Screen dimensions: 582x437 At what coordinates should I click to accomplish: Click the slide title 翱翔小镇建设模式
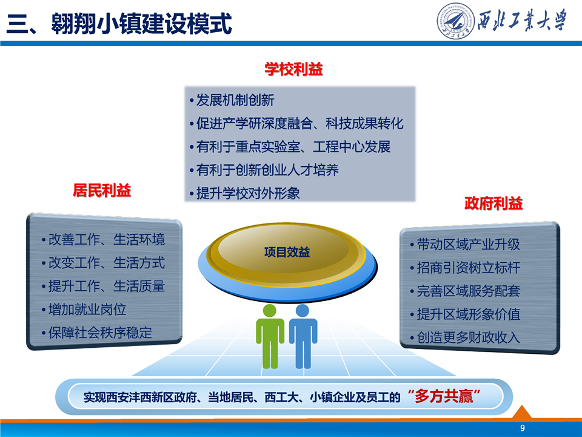pos(141,24)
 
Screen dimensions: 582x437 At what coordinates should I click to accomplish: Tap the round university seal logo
pos(455,21)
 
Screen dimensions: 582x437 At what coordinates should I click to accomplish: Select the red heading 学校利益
pos(293,69)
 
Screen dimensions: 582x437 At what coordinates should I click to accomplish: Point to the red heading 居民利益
pos(102,190)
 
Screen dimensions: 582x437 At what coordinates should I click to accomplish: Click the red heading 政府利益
pos(493,203)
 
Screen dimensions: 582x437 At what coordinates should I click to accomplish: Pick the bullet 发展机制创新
pos(235,100)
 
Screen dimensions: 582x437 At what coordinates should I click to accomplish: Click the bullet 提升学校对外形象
pos(248,193)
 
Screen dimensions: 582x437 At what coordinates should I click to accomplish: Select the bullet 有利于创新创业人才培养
pos(267,170)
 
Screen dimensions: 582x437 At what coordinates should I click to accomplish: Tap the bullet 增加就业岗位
pos(87,309)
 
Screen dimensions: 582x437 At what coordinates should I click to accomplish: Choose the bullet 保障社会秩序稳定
pos(100,333)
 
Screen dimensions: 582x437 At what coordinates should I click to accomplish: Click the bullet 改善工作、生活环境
pos(107,239)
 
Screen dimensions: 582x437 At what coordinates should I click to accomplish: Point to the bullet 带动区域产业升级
pos(469,245)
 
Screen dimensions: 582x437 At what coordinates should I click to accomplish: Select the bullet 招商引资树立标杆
pos(469,268)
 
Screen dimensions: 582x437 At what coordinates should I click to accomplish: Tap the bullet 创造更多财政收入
pos(469,337)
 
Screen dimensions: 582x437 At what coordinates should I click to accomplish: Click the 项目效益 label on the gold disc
pos(287,252)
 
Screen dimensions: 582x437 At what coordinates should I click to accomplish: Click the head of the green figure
pos(269,311)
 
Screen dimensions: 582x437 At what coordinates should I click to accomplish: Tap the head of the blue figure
pos(303,311)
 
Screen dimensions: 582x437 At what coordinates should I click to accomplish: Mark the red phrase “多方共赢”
pos(444,396)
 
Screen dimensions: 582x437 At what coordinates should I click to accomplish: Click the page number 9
pos(523,428)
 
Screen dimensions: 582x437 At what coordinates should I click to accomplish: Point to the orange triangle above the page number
pos(522,412)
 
